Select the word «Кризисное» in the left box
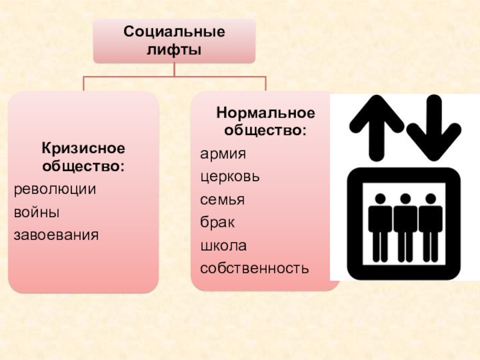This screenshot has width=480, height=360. pos(83,148)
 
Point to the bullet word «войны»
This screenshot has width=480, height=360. pos(37,211)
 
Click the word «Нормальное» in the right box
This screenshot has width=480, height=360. pos(265,113)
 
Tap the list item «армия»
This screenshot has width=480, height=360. pos(223,154)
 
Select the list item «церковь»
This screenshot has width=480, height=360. pos(230,177)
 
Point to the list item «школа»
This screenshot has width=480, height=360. pos(223,245)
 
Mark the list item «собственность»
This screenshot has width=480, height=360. pos(255,268)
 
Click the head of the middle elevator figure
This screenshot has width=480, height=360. pos(405,199)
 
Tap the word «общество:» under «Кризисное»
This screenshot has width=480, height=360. pos(83,165)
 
